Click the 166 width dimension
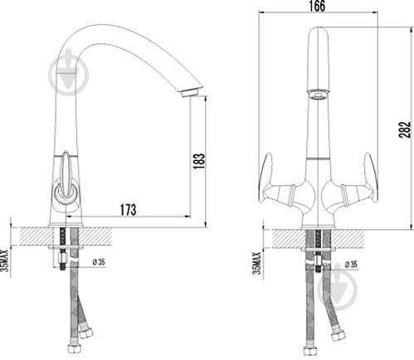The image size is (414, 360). pyautogui.click(x=317, y=6)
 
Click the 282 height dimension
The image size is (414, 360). pyautogui.click(x=405, y=129)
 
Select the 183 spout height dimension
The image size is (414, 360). pyautogui.click(x=199, y=161)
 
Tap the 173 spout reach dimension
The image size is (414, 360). pyautogui.click(x=128, y=210)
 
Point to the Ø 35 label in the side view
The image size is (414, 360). pyautogui.click(x=99, y=262)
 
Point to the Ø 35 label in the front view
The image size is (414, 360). pyautogui.click(x=351, y=265)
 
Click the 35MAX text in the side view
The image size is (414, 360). pyautogui.click(x=5, y=260)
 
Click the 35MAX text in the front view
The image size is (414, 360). pyautogui.click(x=256, y=263)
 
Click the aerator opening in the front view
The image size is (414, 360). pyautogui.click(x=318, y=95)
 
